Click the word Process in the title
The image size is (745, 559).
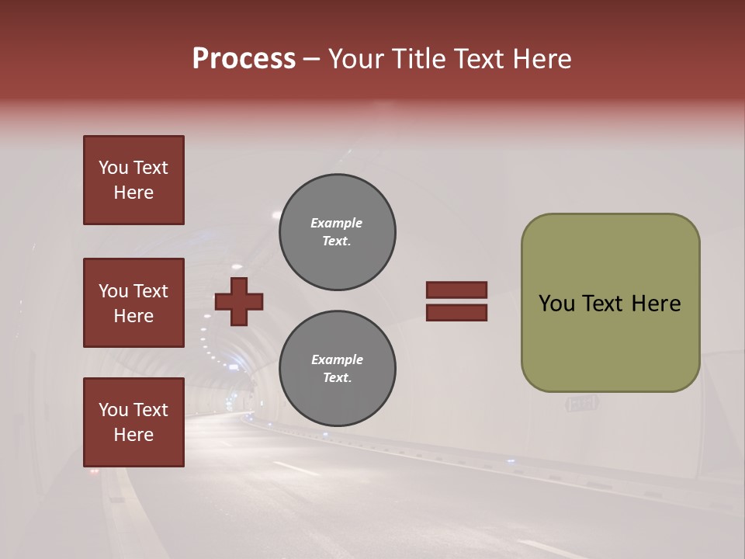(244, 59)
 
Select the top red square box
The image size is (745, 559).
(133, 180)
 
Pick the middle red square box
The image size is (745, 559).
(133, 303)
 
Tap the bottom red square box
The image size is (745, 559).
(133, 422)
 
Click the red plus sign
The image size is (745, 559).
(238, 302)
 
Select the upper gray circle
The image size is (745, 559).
(337, 232)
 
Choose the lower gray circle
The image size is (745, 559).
(337, 369)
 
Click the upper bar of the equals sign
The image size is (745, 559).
(456, 290)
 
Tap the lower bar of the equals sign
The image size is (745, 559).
(456, 313)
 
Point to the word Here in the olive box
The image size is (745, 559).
(656, 304)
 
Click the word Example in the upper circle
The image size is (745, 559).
(336, 223)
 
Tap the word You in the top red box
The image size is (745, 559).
(113, 168)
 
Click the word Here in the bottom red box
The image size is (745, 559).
(133, 435)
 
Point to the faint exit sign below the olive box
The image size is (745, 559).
(582, 404)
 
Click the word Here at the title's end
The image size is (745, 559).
(541, 59)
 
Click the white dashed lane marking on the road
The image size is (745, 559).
(296, 468)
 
